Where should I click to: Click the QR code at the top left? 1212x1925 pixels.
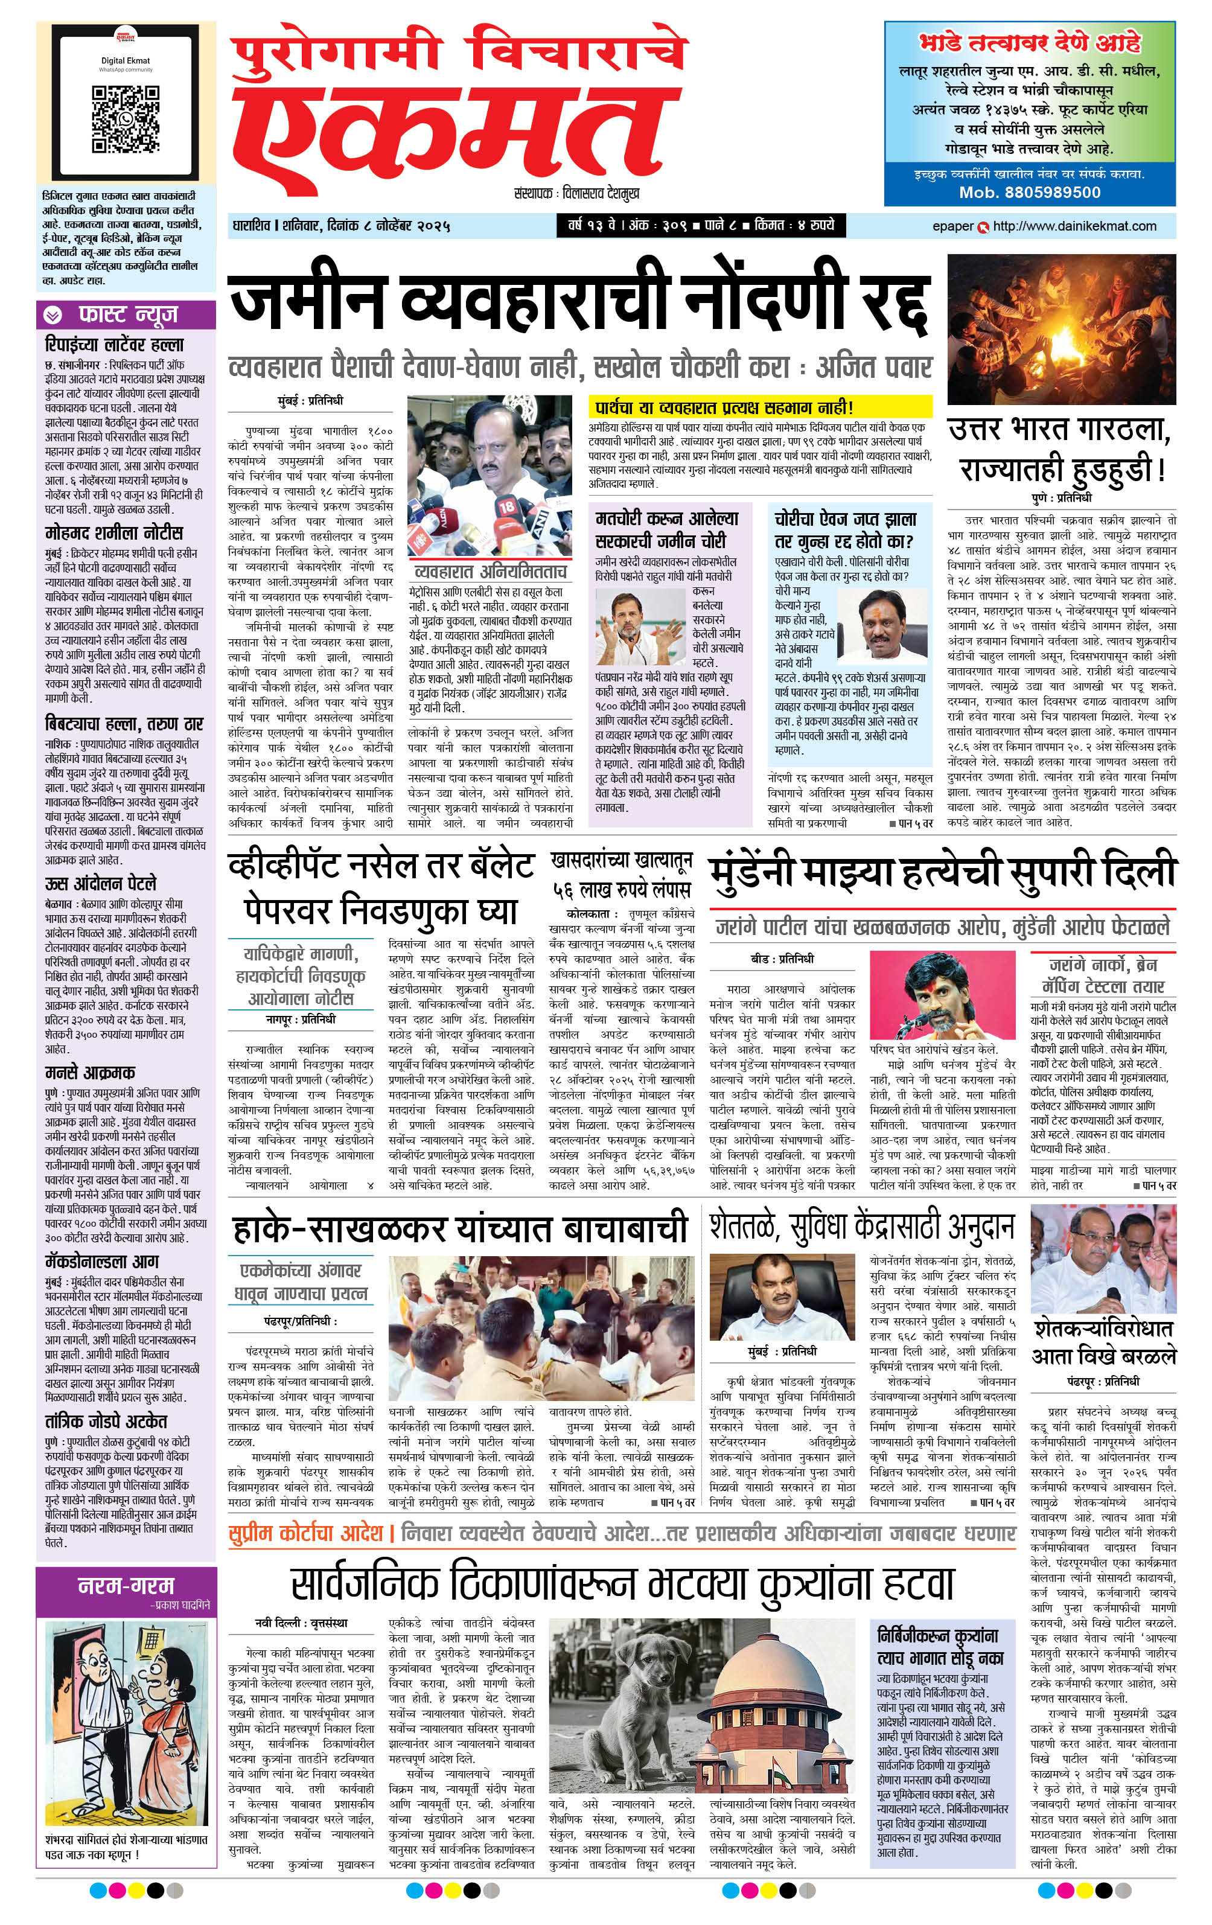[x=126, y=119]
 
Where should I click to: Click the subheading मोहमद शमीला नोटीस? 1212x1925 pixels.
[x=114, y=532]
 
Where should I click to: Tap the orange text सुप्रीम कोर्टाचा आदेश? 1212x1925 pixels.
[x=305, y=1533]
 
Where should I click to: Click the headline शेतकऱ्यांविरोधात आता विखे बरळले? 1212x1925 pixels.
[x=1103, y=1343]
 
